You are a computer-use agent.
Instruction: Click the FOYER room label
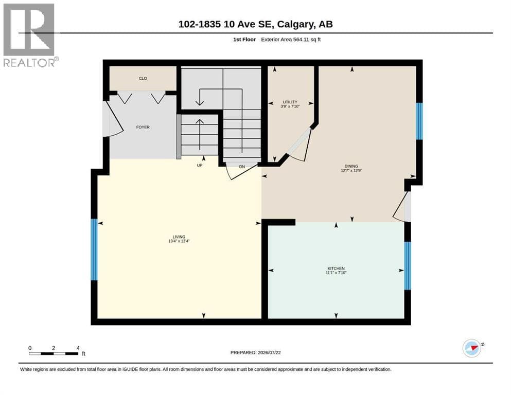143,128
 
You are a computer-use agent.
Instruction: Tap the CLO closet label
143,79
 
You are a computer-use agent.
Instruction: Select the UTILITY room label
290,102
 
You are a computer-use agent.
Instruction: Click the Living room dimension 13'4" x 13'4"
179,241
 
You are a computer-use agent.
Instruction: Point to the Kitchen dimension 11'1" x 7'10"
336,273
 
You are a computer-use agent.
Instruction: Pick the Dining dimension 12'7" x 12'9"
351,170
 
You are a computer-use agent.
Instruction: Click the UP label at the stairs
200,166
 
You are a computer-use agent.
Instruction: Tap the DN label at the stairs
242,167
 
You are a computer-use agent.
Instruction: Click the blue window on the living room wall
94,249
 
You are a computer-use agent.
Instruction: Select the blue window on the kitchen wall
408,266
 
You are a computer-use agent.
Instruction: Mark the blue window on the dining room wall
419,121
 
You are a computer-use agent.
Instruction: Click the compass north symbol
472,348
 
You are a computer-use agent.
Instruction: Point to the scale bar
54,353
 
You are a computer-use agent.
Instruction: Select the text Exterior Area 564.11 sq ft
291,40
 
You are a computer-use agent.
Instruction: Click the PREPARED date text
255,352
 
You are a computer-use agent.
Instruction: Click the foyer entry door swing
113,119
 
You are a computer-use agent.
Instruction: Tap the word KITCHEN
336,268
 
